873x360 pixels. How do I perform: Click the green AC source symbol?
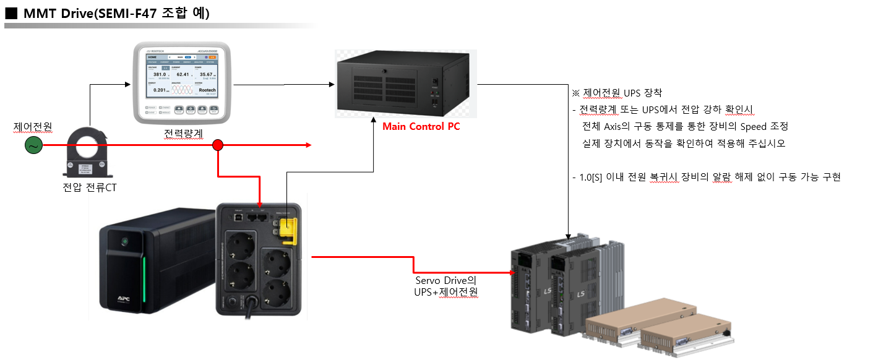click(x=32, y=145)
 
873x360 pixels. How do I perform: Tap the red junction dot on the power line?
click(x=218, y=145)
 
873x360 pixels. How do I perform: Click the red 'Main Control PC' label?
click(x=421, y=127)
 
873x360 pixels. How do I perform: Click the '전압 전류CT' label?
click(x=90, y=187)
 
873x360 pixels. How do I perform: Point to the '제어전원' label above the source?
click(x=32, y=127)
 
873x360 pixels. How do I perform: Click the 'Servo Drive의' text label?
click(x=445, y=280)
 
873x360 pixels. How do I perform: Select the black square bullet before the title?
click(x=11, y=14)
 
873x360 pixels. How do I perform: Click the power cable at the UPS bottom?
click(x=252, y=307)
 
